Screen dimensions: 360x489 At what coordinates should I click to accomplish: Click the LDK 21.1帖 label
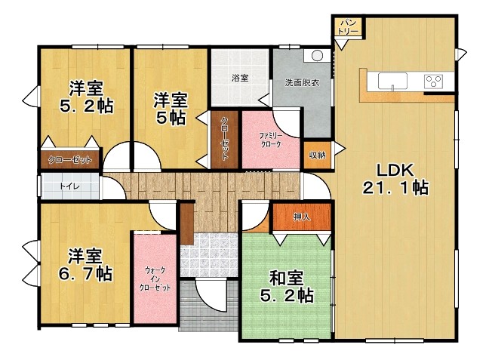(x=395, y=178)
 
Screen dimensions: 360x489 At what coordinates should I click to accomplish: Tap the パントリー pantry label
(x=348, y=26)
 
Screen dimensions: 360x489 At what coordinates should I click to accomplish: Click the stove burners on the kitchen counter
(x=434, y=81)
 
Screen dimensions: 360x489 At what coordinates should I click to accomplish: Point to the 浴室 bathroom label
(x=240, y=78)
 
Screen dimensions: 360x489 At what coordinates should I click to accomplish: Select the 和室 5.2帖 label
(x=286, y=285)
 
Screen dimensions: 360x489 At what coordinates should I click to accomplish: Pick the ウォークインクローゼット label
(x=155, y=278)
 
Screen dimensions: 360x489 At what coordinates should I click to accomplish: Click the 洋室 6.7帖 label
(x=85, y=264)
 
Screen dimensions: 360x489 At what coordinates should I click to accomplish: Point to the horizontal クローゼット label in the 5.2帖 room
(x=69, y=159)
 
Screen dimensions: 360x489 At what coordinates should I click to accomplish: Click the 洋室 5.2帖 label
(x=86, y=97)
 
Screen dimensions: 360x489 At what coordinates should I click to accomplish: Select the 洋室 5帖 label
(x=171, y=108)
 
